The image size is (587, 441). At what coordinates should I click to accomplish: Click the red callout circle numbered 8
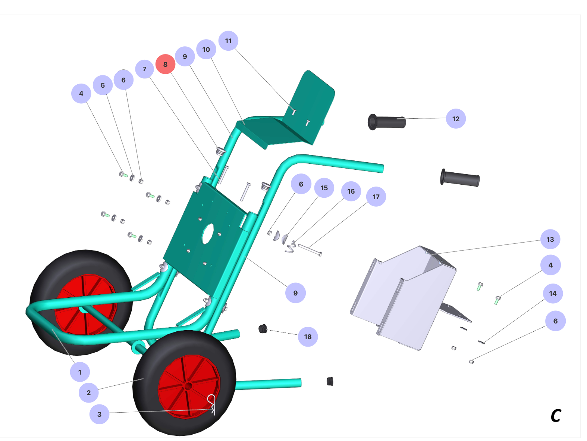point(165,64)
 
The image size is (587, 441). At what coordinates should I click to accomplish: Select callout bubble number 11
point(228,41)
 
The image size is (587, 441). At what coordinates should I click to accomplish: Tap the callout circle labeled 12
point(456,119)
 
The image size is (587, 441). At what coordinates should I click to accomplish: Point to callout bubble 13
point(550,239)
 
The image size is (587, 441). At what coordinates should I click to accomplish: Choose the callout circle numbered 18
point(308,337)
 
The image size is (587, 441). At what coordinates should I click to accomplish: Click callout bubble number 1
point(80,372)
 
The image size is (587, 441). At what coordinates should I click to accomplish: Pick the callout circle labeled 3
point(99,414)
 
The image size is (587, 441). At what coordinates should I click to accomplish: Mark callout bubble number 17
point(376,197)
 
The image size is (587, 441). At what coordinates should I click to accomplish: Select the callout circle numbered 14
point(553,293)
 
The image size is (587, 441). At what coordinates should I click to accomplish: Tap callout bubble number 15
point(324,188)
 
